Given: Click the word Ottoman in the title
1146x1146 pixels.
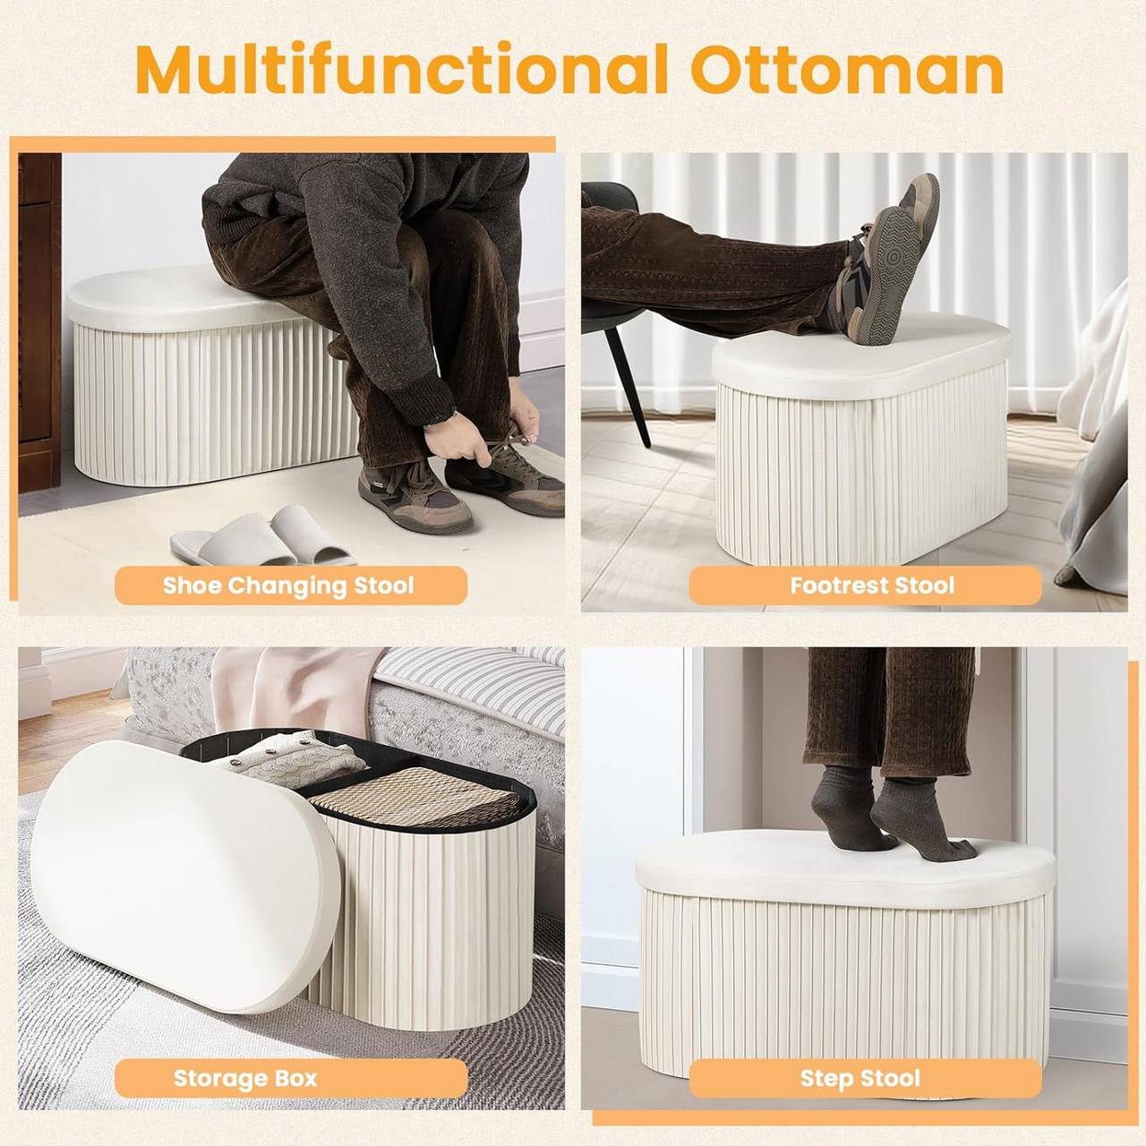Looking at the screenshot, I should (846, 70).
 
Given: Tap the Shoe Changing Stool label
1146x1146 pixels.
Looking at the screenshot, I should (288, 586).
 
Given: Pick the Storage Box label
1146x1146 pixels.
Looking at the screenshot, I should (245, 1078).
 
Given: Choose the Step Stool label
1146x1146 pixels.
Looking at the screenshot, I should (859, 1078).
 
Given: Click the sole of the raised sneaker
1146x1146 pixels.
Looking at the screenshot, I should (886, 269).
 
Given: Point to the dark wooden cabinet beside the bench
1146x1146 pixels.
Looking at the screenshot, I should (39, 322).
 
